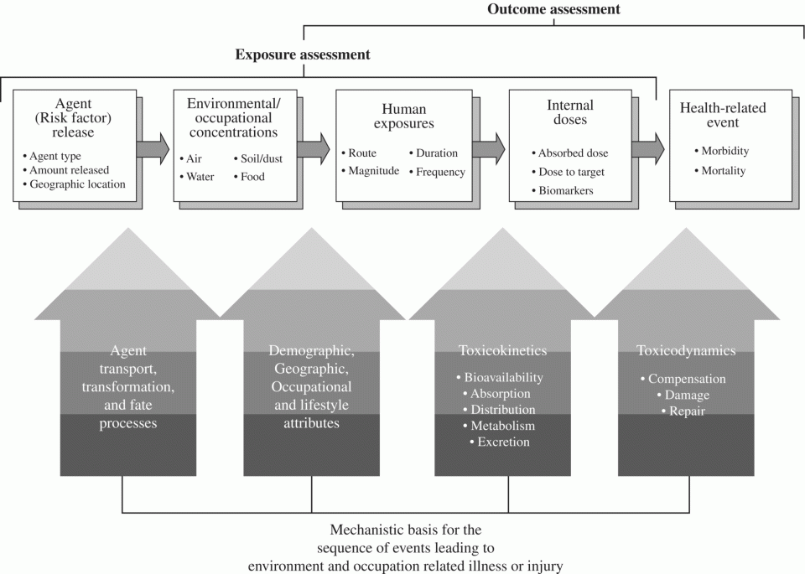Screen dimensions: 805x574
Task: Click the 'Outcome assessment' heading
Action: (553, 9)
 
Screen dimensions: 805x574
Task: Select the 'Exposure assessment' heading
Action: (303, 54)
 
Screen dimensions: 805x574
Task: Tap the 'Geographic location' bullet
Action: (75, 184)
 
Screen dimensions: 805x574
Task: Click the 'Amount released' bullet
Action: (66, 170)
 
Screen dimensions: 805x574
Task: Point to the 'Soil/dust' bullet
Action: (258, 158)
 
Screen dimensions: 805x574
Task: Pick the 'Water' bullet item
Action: (197, 177)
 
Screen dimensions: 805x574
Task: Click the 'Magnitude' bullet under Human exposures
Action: (371, 171)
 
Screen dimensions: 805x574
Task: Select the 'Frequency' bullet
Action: (438, 172)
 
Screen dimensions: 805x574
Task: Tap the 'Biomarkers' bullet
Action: (563, 190)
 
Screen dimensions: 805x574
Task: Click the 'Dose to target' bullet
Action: (569, 172)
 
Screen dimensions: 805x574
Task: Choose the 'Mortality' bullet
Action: (720, 170)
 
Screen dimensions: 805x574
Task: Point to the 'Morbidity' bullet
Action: (722, 151)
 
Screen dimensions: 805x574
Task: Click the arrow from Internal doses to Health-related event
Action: (648, 149)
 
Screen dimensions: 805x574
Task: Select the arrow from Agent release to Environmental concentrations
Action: (153, 149)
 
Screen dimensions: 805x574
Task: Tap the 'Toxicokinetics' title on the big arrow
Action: (502, 350)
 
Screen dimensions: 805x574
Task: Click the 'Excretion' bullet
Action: (500, 442)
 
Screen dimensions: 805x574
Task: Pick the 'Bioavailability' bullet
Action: (500, 378)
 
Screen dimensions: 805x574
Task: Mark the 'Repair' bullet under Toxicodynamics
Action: (683, 411)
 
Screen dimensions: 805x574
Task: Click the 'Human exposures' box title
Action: (404, 116)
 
